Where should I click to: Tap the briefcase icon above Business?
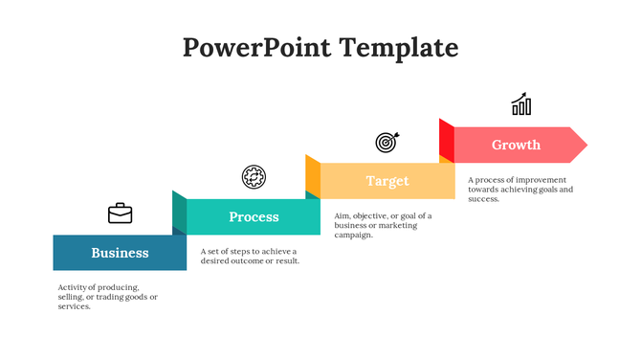coord(121,213)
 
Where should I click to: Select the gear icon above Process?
coord(254,176)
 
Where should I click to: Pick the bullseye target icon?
coord(387,142)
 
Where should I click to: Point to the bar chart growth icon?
coord(521,104)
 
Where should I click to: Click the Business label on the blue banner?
coord(120,253)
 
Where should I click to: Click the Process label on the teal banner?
coord(254,217)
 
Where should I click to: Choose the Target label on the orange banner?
coord(387,181)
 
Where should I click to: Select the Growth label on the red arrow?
coord(516,145)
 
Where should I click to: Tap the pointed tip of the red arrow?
coord(584,145)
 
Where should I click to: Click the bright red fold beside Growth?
coord(446,141)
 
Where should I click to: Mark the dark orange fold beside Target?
coord(313,175)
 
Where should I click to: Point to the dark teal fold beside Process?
coord(179,212)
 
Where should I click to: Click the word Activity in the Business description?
coord(73,287)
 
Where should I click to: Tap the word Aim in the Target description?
coord(343,215)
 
